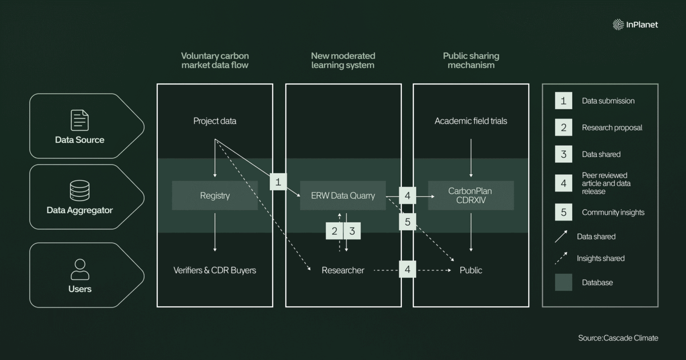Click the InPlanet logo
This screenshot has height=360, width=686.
(x=635, y=25)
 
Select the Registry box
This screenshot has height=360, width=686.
(x=215, y=195)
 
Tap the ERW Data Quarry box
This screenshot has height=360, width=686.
(x=342, y=195)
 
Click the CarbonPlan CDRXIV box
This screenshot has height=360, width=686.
(x=470, y=195)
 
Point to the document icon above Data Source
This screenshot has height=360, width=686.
(x=79, y=121)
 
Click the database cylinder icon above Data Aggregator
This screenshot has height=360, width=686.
(x=79, y=190)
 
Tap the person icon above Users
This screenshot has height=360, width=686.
(x=80, y=269)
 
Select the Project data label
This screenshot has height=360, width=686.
(x=215, y=121)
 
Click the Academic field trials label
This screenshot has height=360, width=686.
(x=470, y=121)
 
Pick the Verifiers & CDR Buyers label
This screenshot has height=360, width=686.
(x=215, y=270)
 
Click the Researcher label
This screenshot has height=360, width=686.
(x=342, y=270)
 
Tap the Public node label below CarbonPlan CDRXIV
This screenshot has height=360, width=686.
(x=470, y=270)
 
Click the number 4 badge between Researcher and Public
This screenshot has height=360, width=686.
(x=407, y=269)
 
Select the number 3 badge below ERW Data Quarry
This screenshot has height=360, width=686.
(x=352, y=231)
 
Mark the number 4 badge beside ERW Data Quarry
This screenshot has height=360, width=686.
(x=407, y=195)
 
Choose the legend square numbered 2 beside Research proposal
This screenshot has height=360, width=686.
(x=564, y=127)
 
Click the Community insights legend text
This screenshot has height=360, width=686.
(x=613, y=212)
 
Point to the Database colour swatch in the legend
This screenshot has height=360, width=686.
(x=564, y=282)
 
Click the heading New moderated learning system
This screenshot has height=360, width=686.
(x=343, y=61)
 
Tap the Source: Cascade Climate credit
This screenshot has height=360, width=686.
(x=618, y=338)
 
